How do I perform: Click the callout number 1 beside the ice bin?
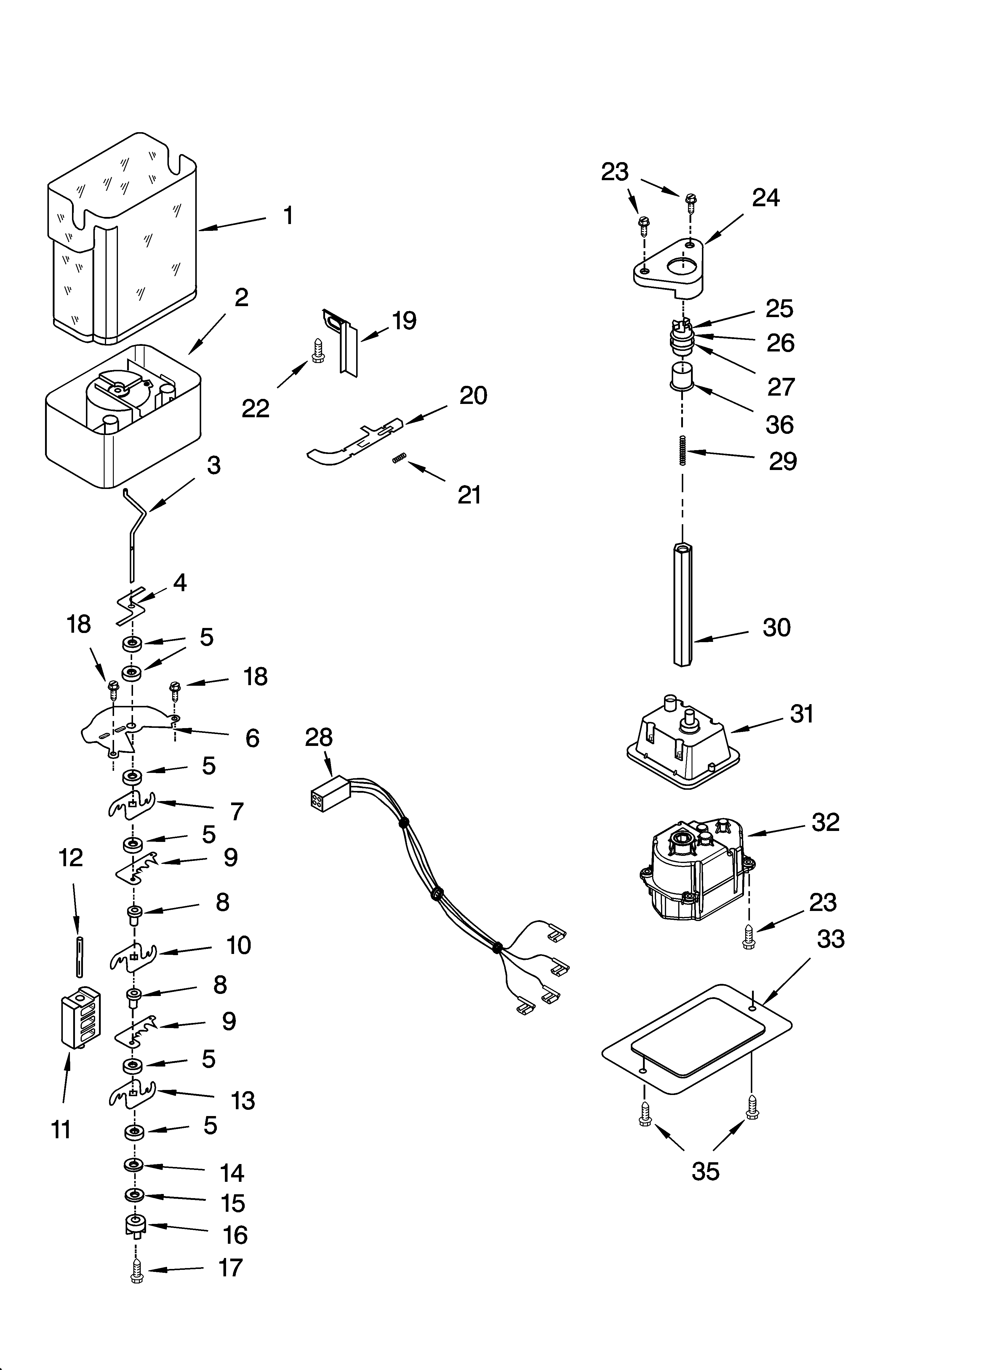[x=288, y=216]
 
